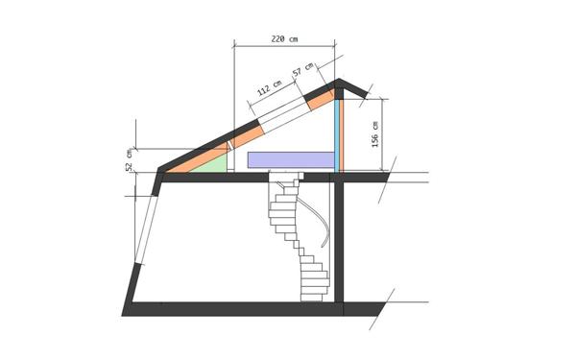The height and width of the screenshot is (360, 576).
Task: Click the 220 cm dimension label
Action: (284, 38)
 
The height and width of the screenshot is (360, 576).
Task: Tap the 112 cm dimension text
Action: (269, 88)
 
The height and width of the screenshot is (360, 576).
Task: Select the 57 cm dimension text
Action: (302, 69)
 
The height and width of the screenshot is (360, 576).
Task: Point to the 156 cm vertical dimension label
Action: (375, 134)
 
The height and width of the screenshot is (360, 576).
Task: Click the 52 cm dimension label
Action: (129, 160)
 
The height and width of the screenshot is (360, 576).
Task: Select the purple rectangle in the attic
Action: (291, 159)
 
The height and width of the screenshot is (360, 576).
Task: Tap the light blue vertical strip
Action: (337, 135)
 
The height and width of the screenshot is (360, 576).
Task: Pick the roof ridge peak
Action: (338, 79)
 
